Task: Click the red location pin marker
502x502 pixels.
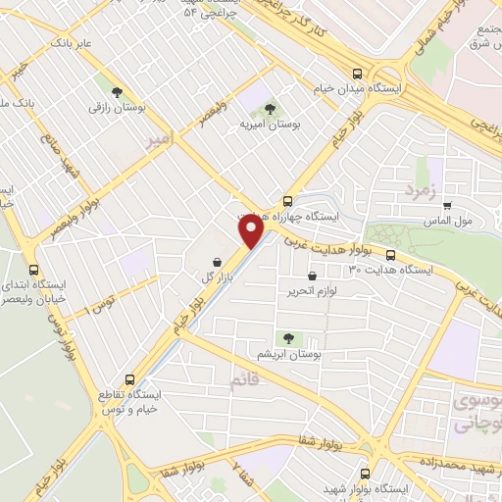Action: pyautogui.click(x=252, y=231)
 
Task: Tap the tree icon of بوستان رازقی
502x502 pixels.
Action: pyautogui.click(x=118, y=92)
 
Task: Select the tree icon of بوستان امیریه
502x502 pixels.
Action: pyautogui.click(x=270, y=110)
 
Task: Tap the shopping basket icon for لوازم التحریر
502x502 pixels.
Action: pyautogui.click(x=312, y=277)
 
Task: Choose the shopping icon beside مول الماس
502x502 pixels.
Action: pyautogui.click(x=447, y=206)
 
